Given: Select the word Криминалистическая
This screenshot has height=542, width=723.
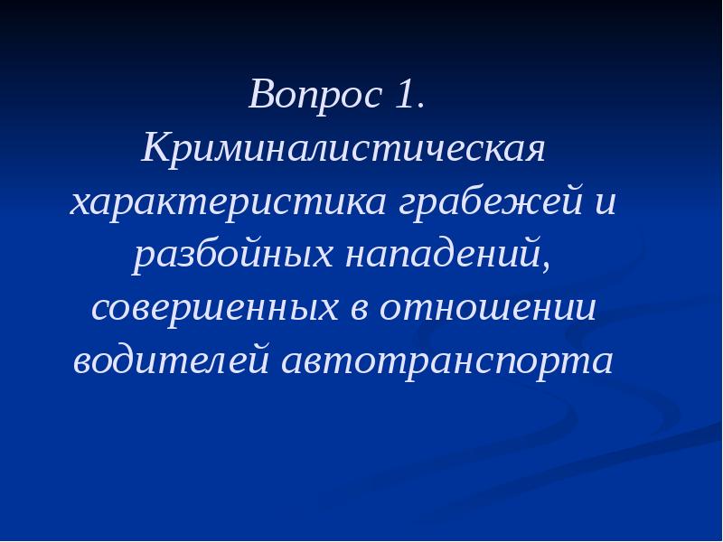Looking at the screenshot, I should pyautogui.click(x=343, y=148).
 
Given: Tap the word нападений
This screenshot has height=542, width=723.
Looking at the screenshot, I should pyautogui.click(x=441, y=256).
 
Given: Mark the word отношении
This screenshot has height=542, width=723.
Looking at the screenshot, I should pyautogui.click(x=488, y=310).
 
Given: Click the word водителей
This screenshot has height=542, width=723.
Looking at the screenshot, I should pyautogui.click(x=171, y=362).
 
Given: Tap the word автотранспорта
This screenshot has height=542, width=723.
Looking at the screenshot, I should pyautogui.click(x=447, y=362).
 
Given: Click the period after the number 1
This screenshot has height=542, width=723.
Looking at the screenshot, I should pyautogui.click(x=418, y=106).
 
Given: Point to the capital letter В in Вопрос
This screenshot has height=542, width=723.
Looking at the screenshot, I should pyautogui.click(x=262, y=95).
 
